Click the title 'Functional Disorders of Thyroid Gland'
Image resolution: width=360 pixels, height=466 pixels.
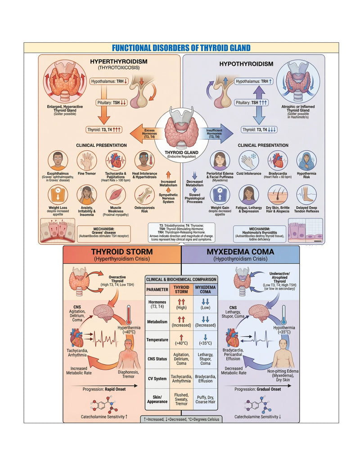tap(181, 48)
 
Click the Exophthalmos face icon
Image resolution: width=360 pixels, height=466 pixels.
tap(58, 161)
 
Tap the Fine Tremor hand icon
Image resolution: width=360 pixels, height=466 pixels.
tap(87, 161)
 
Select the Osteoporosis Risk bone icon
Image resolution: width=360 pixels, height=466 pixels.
tap(144, 195)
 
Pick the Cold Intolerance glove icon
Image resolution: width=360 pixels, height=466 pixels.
tap(249, 161)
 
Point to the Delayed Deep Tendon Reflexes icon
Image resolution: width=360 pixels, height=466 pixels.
tap(306, 195)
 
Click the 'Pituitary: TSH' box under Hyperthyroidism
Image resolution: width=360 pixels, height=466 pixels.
tap(112, 103)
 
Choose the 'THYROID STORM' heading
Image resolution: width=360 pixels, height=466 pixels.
tap(122, 251)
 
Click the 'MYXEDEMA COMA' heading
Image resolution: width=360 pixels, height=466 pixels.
tap(240, 251)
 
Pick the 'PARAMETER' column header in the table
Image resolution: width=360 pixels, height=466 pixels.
tap(157, 290)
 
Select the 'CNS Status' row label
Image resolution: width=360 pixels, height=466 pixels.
tap(157, 359)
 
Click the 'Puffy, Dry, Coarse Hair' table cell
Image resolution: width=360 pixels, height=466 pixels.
tap(205, 399)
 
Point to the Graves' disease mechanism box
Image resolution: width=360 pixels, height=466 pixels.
tap(103, 232)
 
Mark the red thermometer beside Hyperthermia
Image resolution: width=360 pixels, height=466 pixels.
tap(128, 315)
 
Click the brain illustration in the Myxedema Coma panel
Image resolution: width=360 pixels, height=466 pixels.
tap(260, 313)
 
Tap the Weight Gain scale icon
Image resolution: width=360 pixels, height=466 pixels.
tap(220, 195)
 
